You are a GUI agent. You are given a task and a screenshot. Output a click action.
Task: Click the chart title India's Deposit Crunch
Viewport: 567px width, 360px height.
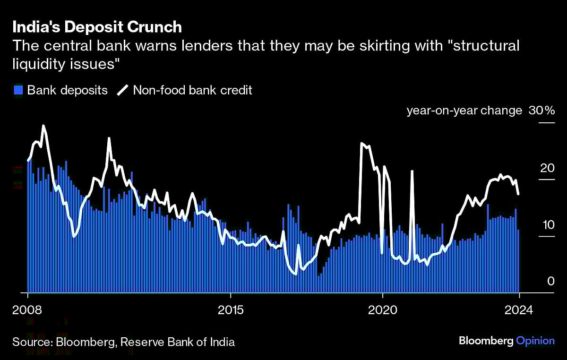coord(97,27)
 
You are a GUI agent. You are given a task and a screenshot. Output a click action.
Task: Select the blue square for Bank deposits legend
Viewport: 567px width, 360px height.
coord(18,90)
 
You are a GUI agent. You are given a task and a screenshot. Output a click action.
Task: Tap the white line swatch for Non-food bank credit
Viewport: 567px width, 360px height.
coord(122,90)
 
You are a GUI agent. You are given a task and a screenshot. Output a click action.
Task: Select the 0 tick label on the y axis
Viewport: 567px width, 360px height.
coord(550,281)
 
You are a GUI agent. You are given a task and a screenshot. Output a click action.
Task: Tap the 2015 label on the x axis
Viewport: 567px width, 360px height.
coord(230,310)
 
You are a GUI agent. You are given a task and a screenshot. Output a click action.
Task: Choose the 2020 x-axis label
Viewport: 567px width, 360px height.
coord(382,310)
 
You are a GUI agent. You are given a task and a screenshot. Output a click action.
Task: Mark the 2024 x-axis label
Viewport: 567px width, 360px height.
coord(519,310)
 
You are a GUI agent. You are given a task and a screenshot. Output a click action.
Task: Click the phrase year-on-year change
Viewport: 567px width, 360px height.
coord(464,111)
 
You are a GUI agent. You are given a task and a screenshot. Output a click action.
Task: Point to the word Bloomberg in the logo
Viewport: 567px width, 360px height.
coord(485,341)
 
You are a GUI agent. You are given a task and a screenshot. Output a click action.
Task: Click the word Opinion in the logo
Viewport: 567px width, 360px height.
coord(535,341)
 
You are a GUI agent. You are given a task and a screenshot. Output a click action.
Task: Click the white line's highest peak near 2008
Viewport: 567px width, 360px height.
coord(43,126)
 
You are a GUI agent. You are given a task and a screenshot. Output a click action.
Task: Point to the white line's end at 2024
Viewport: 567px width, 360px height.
coord(519,194)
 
